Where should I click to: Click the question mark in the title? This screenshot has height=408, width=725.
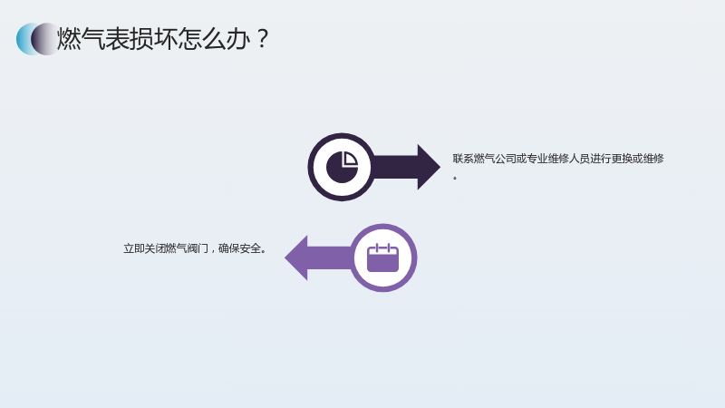tap(262, 38)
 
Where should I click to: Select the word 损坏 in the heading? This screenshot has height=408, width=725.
tap(153, 38)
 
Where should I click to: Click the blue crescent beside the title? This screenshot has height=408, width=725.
tap(24, 39)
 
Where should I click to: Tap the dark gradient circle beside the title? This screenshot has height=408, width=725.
tap(44, 39)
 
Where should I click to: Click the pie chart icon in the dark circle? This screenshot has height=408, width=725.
tap(343, 167)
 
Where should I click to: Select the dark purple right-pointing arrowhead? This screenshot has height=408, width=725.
tap(428, 167)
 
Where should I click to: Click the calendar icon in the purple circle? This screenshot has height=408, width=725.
tap(382, 257)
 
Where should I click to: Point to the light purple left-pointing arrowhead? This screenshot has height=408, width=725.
tap(297, 257)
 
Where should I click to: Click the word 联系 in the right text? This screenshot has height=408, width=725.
tap(463, 159)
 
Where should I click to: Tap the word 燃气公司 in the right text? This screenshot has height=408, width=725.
tap(495, 159)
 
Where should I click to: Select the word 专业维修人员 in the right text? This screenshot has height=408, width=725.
tap(558, 159)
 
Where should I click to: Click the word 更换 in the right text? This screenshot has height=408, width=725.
tap(622, 159)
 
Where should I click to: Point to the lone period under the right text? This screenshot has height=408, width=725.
tap(455, 178)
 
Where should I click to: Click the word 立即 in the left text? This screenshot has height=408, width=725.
tap(133, 248)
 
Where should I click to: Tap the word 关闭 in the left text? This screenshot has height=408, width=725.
tap(154, 248)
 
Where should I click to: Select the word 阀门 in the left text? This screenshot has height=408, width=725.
tap(198, 248)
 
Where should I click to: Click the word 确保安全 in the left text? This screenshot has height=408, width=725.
tap(239, 248)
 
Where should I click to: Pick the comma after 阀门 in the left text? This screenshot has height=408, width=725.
tap(213, 251)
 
